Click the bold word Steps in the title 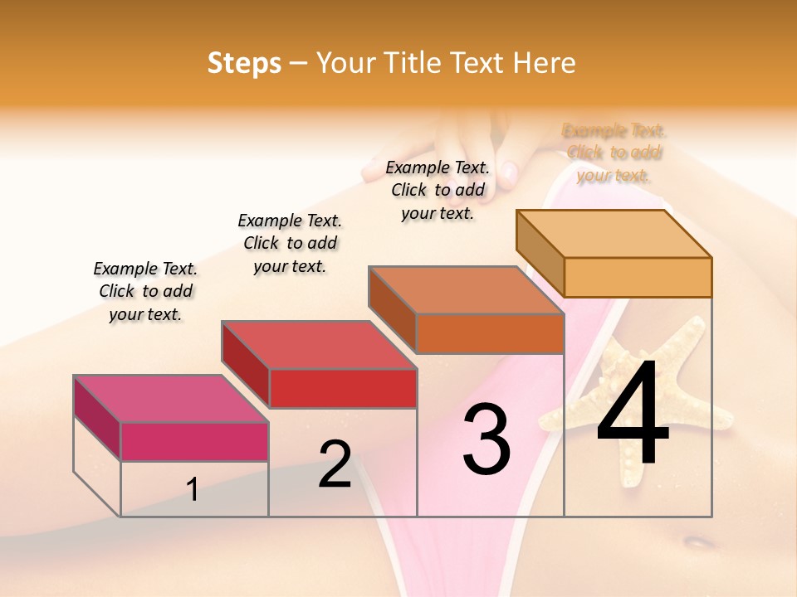(x=244, y=63)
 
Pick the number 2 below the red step (x=335, y=464)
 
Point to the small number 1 (x=192, y=489)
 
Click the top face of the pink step (x=170, y=398)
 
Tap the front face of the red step (x=343, y=388)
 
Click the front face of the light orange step (x=638, y=277)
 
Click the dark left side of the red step (x=245, y=363)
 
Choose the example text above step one (x=145, y=291)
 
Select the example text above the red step (x=290, y=243)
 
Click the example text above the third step (x=438, y=190)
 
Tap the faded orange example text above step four (x=614, y=153)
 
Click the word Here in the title (x=545, y=63)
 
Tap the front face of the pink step (x=194, y=441)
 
